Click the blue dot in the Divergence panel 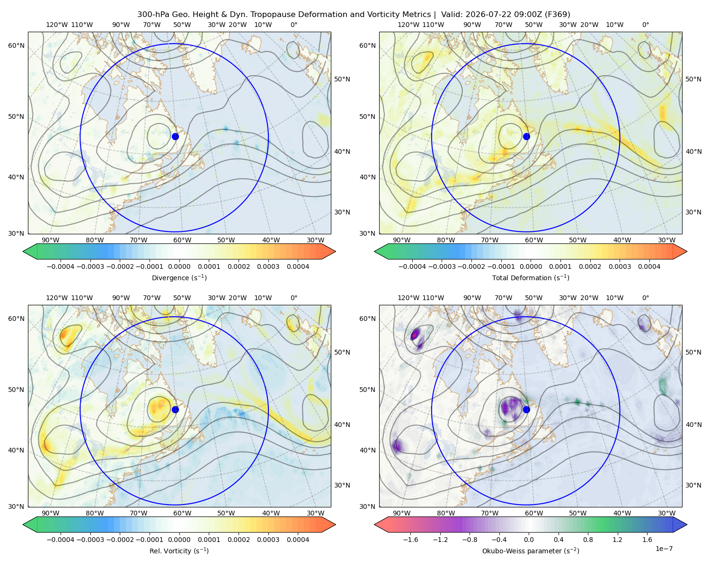pos(175,136)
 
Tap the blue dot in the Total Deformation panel pos(526,136)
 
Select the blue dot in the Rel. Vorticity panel pos(175,409)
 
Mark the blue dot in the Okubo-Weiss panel pos(526,409)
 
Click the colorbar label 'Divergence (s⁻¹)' pos(179,277)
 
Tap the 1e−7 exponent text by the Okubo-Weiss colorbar pos(664,549)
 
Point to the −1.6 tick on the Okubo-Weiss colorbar pos(410,540)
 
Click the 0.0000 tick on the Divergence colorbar pos(179,266)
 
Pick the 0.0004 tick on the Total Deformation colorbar pos(649,266)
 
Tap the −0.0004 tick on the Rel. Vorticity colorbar pos(61,540)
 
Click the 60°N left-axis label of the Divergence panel pos(16,45)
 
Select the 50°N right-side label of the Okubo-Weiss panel pos(693,352)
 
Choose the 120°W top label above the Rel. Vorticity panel pos(57,298)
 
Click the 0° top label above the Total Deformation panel pos(646,25)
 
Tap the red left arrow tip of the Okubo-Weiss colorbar pos(375,524)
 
